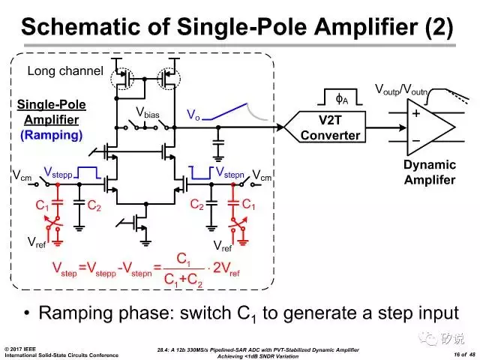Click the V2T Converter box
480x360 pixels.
(x=325, y=127)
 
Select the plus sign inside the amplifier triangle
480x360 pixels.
(x=416, y=113)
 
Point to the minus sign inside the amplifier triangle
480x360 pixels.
(x=416, y=140)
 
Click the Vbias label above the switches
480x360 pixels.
(x=148, y=112)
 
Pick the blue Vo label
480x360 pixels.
(x=193, y=115)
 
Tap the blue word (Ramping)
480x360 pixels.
(x=52, y=135)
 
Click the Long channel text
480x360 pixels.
(x=65, y=71)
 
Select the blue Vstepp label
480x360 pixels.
(x=58, y=172)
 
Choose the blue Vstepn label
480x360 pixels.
(x=230, y=172)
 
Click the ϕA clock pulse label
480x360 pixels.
(x=342, y=99)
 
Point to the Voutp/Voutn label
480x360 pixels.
(x=401, y=90)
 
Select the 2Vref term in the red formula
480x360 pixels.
(x=226, y=268)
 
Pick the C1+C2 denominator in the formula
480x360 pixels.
(x=183, y=280)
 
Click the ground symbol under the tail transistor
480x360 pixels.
(x=145, y=243)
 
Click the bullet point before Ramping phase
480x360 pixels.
(x=27, y=313)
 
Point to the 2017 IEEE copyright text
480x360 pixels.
(x=20, y=349)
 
